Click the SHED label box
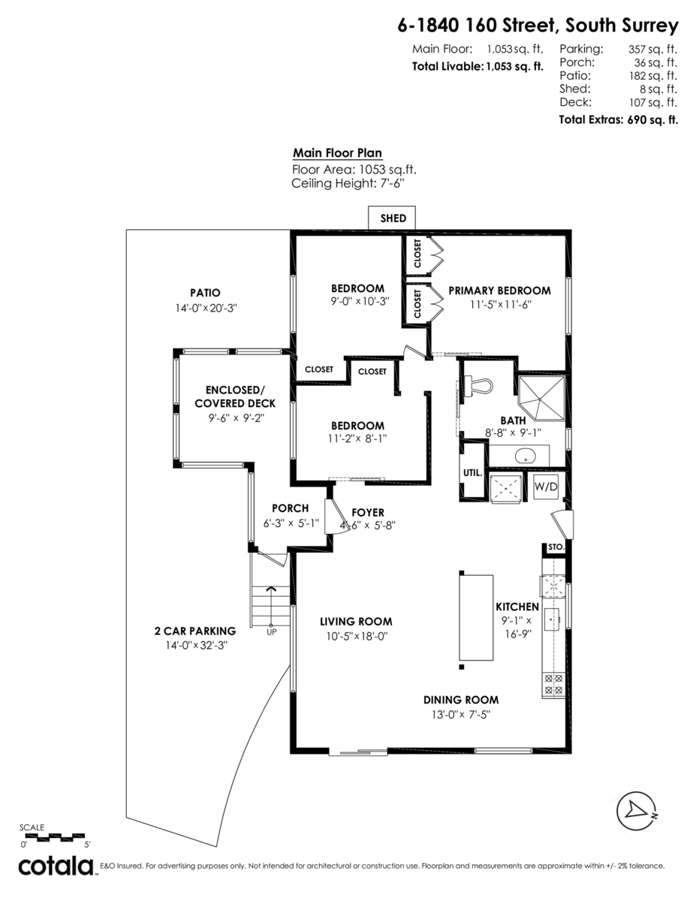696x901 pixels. tap(393, 218)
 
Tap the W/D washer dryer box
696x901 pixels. tap(546, 487)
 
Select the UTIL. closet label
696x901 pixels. tap(472, 473)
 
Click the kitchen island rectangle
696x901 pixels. tap(476, 617)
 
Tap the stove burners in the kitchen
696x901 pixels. tap(553, 684)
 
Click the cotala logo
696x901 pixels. tap(56, 866)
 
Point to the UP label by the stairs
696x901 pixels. tap(271, 632)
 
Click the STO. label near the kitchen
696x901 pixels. tap(556, 547)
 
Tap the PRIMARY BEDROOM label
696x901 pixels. tap(499, 291)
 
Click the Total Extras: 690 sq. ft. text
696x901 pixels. tap(618, 119)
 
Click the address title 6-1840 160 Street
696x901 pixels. tap(538, 26)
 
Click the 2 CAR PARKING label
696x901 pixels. tap(194, 631)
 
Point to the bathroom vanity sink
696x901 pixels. tap(526, 455)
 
